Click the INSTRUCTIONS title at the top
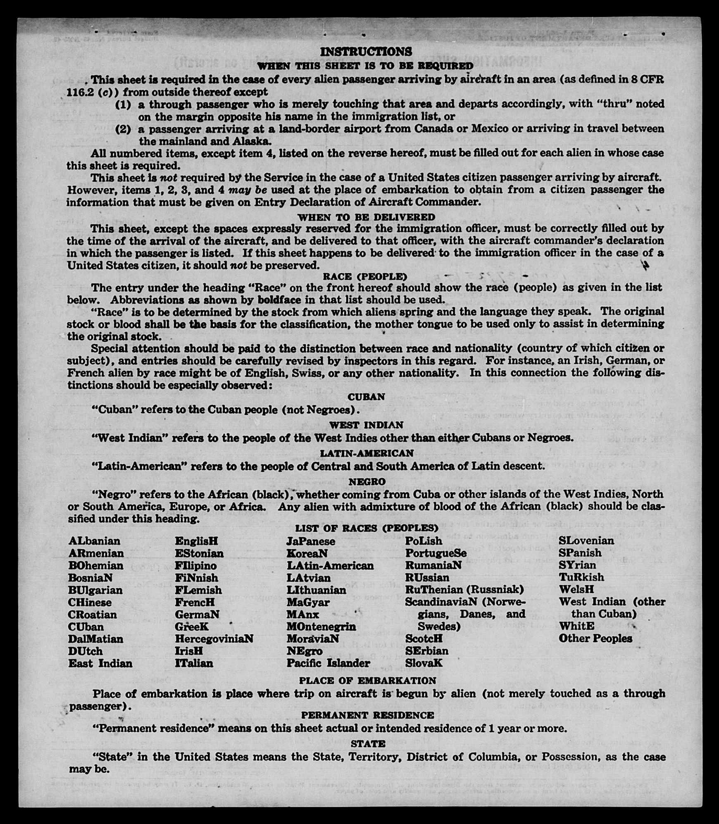click(366, 52)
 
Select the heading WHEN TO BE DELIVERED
click(366, 217)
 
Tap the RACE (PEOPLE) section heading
click(365, 276)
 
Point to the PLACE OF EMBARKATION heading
click(367, 681)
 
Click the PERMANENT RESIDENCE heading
click(367, 715)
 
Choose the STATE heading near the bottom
click(368, 744)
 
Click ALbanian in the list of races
click(95, 541)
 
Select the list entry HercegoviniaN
click(214, 639)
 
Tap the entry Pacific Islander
click(329, 663)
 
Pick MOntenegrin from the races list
click(321, 626)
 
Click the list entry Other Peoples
click(595, 638)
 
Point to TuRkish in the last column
click(581, 577)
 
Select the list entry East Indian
click(100, 663)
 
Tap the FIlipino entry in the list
click(195, 565)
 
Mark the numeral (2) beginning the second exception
click(123, 129)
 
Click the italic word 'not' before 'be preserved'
click(238, 265)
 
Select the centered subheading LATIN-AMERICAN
click(367, 453)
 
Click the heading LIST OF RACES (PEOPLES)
click(367, 528)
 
